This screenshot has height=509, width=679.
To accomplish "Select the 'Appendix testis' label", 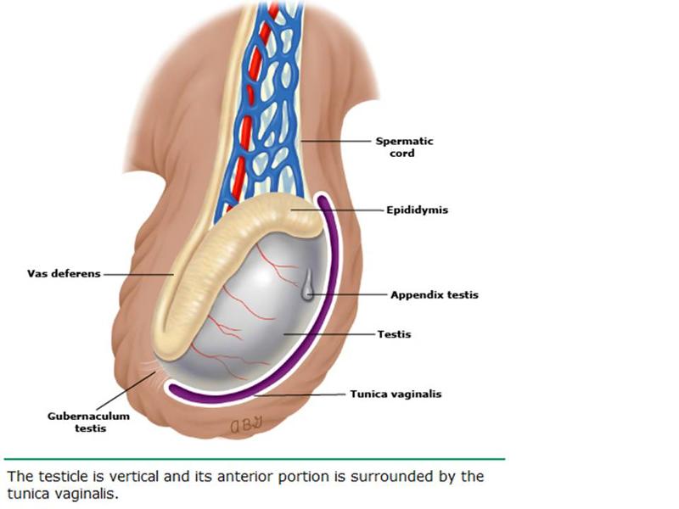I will coord(434,295).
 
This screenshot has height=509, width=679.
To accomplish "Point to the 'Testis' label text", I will coord(394,334).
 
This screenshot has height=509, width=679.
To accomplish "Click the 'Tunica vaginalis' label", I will coord(396,394).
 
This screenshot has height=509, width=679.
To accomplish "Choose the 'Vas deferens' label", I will coord(64,274).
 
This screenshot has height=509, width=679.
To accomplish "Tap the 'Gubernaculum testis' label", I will coord(76,422).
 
